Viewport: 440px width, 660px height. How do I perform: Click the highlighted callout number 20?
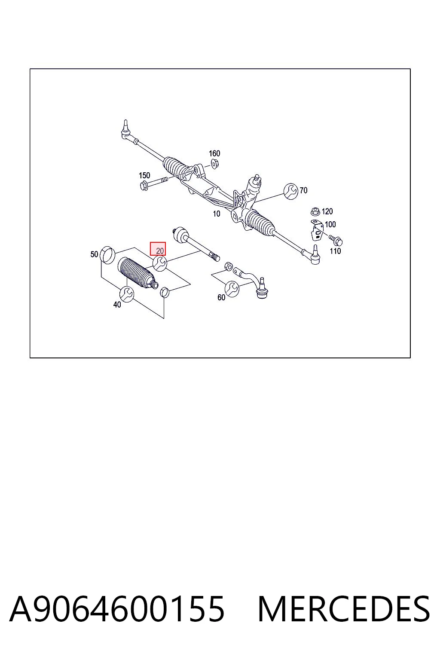pyautogui.click(x=160, y=251)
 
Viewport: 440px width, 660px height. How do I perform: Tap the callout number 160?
pyautogui.click(x=214, y=153)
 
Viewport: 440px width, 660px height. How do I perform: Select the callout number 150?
pyautogui.click(x=144, y=175)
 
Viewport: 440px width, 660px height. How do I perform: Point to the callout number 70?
pyautogui.click(x=303, y=190)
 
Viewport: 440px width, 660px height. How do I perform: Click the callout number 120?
pyautogui.click(x=327, y=211)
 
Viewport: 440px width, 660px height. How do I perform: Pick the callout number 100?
pyautogui.click(x=330, y=225)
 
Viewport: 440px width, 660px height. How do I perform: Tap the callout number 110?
pyautogui.click(x=336, y=251)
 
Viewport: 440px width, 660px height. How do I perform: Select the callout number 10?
pyautogui.click(x=216, y=214)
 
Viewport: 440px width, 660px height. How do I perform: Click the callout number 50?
pyautogui.click(x=94, y=254)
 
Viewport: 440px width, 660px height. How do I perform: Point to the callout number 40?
pyautogui.click(x=117, y=305)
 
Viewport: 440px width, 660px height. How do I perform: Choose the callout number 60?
pyautogui.click(x=221, y=298)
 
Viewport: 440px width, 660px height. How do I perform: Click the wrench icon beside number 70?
pyautogui.click(x=291, y=191)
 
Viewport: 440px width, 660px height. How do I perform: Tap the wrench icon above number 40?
pyautogui.click(x=127, y=294)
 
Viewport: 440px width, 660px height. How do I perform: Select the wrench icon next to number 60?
pyautogui.click(x=232, y=289)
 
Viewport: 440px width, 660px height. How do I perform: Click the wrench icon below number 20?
pyautogui.click(x=160, y=263)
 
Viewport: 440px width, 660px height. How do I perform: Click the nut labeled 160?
pyautogui.click(x=214, y=163)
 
